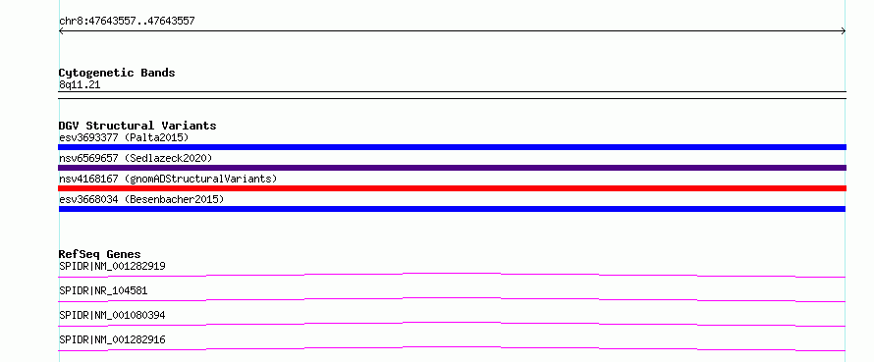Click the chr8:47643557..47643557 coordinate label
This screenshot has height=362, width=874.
point(127,22)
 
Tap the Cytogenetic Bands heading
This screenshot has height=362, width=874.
point(117,73)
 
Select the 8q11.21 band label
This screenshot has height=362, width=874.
point(80,85)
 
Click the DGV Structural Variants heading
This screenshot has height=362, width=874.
point(137,126)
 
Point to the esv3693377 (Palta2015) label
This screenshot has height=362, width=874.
point(125,137)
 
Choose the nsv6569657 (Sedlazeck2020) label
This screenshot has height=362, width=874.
point(136,158)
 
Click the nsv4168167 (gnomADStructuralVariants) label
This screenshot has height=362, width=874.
point(168,179)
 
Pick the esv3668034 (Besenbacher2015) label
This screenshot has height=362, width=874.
point(141,199)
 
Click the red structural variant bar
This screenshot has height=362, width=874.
point(452,188)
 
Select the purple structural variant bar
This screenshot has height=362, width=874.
point(452,168)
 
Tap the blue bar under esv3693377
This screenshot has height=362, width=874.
point(452,147)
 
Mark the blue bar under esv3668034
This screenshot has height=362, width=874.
point(452,209)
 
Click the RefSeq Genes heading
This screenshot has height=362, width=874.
point(100,254)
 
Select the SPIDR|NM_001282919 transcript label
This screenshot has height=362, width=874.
point(113,266)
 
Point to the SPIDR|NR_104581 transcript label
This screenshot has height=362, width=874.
point(104,290)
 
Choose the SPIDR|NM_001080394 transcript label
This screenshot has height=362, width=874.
point(113,315)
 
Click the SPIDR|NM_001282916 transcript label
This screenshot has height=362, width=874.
point(113,339)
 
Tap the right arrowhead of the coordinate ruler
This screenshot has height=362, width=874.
point(844,31)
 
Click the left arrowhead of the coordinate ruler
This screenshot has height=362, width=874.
point(61,31)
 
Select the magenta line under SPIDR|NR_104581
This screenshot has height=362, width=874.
point(452,298)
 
